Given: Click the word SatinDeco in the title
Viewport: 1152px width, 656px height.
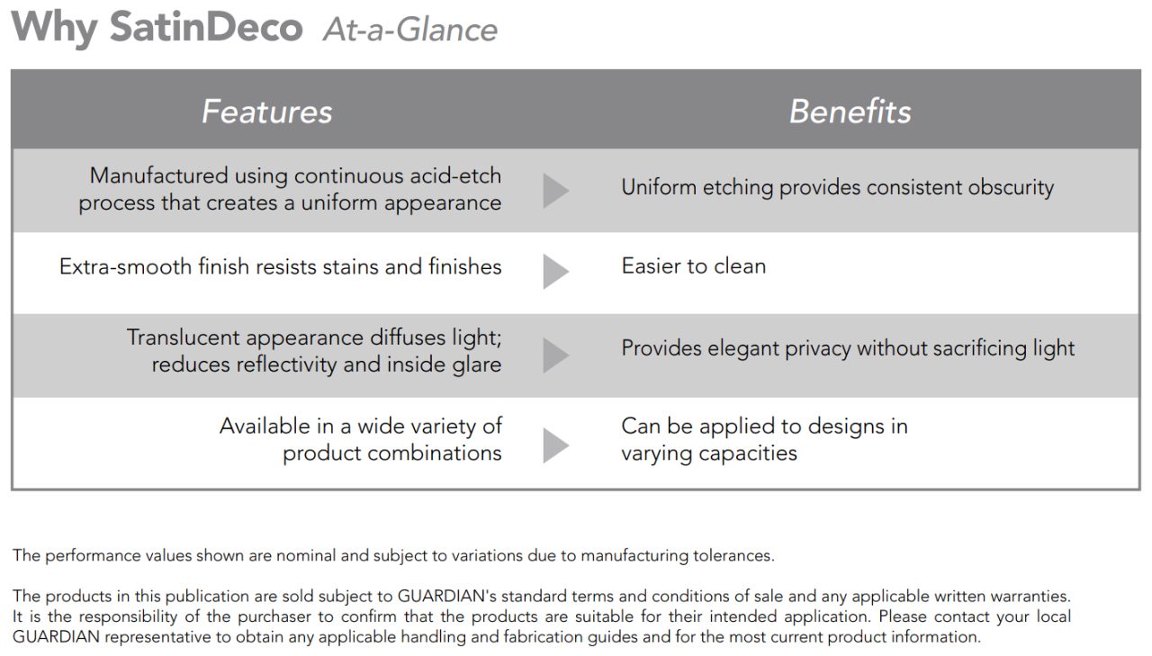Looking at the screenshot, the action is click(206, 27).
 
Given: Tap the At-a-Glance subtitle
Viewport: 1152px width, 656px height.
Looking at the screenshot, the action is click(410, 30).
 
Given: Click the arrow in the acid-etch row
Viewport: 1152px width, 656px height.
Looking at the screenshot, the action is click(556, 191).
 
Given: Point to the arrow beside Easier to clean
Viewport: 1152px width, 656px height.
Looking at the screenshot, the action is click(556, 272).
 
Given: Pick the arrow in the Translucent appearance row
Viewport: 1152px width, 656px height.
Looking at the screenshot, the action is click(556, 355).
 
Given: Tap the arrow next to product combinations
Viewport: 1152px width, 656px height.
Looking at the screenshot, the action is click(556, 445).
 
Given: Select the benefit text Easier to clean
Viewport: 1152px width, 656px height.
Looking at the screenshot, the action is click(694, 266).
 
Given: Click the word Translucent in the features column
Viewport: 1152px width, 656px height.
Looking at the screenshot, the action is click(183, 337).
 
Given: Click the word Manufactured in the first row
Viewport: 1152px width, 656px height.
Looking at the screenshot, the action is click(159, 175).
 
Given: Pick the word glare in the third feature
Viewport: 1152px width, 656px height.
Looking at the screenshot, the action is click(477, 365).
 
